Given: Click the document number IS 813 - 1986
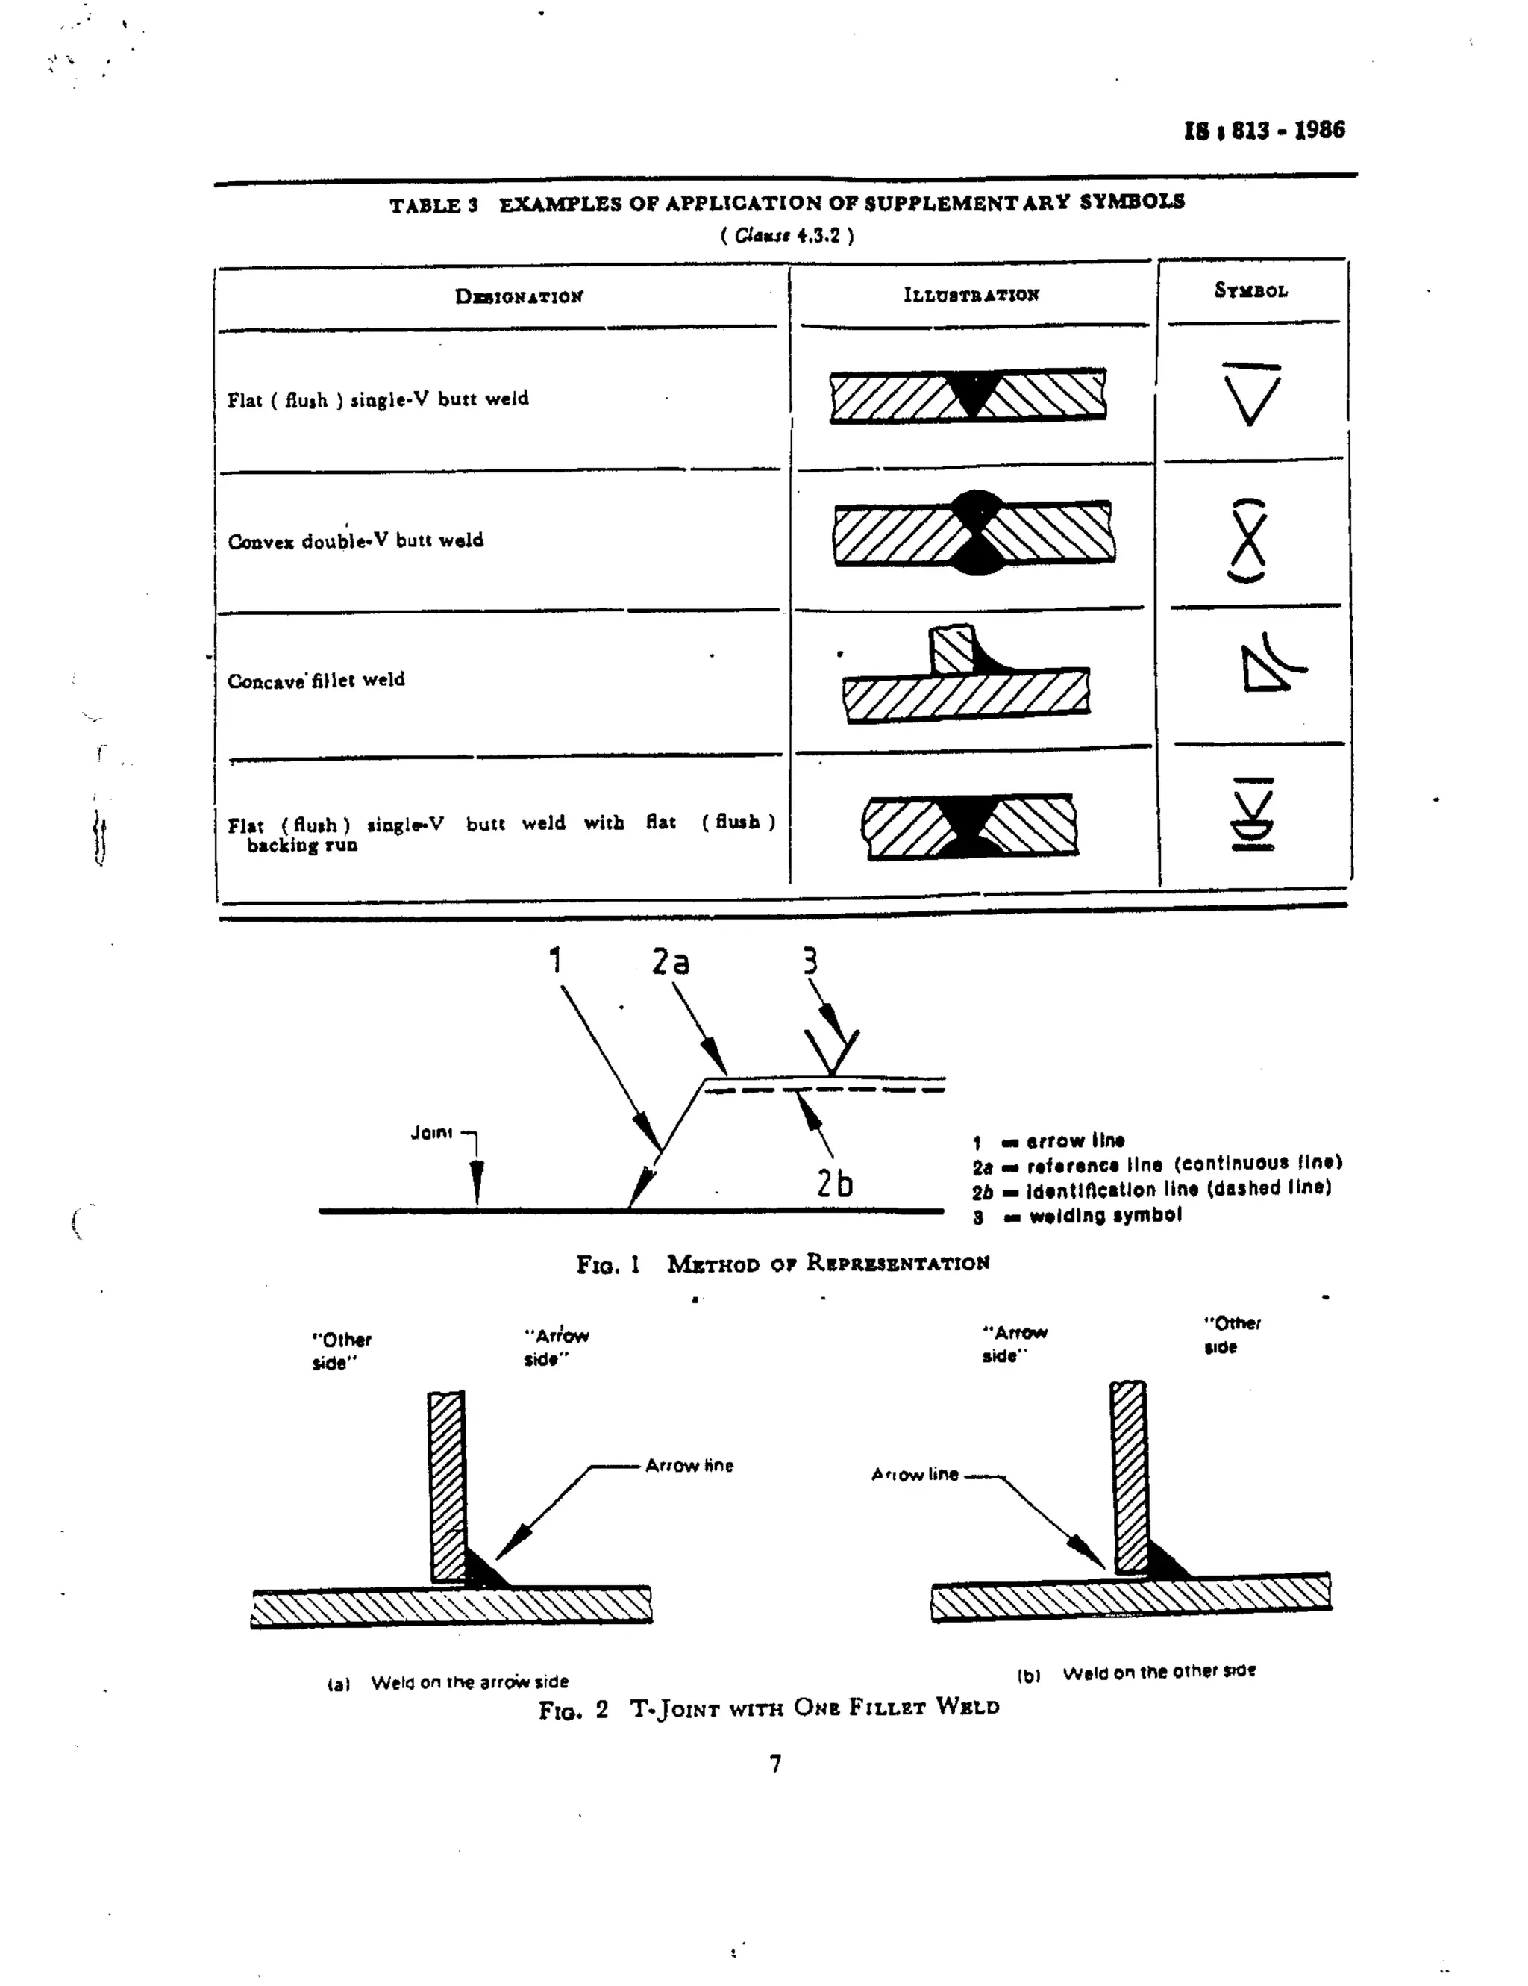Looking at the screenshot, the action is [x=1263, y=130].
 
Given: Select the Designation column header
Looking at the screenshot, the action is [x=519, y=296].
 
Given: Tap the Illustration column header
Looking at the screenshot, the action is [x=971, y=295].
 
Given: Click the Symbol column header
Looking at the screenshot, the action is [x=1250, y=291].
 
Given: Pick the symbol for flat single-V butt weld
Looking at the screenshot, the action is [x=1250, y=395].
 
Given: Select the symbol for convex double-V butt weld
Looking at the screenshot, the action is [x=1247, y=540].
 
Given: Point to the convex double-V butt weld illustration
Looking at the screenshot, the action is [x=974, y=533].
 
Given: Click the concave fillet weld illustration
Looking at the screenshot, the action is [x=965, y=675].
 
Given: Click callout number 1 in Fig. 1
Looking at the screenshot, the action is [x=555, y=961].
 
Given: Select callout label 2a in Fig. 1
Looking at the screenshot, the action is [x=671, y=961].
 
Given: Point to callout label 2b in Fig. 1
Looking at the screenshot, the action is [x=833, y=1183].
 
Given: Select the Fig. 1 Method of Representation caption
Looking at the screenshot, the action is [x=783, y=1264].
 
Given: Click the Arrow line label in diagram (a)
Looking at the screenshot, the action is [x=689, y=1466].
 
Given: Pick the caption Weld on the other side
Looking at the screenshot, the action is [x=1158, y=1671].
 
